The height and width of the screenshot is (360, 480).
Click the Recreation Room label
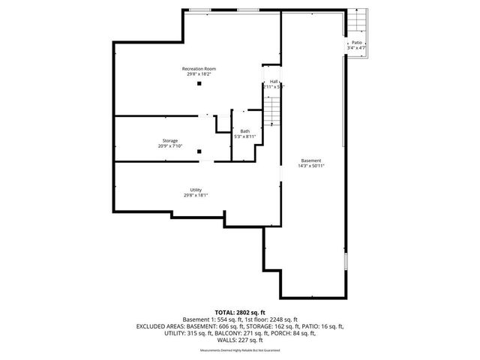click(x=199, y=69)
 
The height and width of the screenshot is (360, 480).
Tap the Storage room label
click(x=170, y=141)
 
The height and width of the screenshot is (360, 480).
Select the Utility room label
click(x=196, y=190)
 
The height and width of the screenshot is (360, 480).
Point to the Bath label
click(x=245, y=131)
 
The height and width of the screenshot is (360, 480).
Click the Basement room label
click(x=311, y=160)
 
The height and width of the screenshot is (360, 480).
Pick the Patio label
click(x=356, y=43)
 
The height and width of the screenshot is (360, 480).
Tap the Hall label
click(x=274, y=81)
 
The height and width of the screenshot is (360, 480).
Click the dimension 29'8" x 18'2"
click(x=199, y=74)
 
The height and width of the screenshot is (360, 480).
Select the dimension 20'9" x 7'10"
click(x=170, y=146)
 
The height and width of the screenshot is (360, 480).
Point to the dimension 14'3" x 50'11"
click(x=311, y=166)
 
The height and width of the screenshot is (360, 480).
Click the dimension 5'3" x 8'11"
click(x=245, y=136)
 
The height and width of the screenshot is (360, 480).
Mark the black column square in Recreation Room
click(x=199, y=84)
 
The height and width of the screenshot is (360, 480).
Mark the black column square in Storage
click(x=199, y=152)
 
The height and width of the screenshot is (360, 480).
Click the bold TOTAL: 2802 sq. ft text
click(x=239, y=312)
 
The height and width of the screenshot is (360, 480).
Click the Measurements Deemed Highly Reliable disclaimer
click(x=239, y=348)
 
